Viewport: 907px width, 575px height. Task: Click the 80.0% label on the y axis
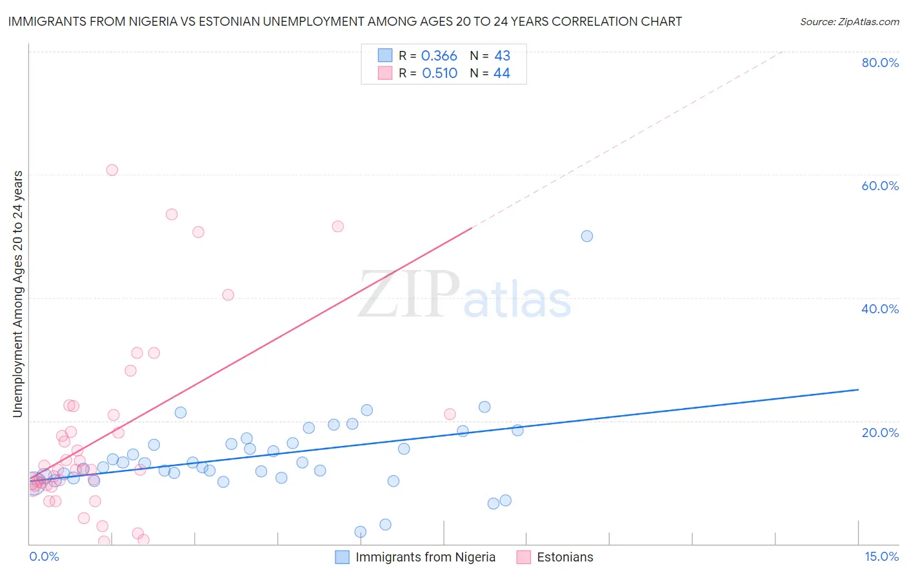pyautogui.click(x=880, y=63)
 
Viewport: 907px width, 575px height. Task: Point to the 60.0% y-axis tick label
pyautogui.click(x=880, y=186)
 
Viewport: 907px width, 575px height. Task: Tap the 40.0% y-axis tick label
pyautogui.click(x=880, y=309)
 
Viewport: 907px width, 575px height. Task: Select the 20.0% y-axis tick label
pyautogui.click(x=880, y=433)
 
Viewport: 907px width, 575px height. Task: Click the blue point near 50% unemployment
pyautogui.click(x=587, y=236)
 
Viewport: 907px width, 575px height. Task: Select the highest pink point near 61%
pyautogui.click(x=112, y=170)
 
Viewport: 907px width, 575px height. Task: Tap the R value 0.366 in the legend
pyautogui.click(x=439, y=56)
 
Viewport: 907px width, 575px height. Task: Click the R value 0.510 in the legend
pyautogui.click(x=439, y=73)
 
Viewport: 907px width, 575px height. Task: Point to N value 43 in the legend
pyautogui.click(x=502, y=56)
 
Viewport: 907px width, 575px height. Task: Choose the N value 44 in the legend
pyautogui.click(x=501, y=73)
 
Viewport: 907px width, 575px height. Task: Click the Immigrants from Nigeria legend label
pyautogui.click(x=425, y=558)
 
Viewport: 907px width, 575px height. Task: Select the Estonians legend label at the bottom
pyautogui.click(x=564, y=558)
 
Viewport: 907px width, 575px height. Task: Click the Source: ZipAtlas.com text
pyautogui.click(x=849, y=22)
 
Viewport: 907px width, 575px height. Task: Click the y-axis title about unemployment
pyautogui.click(x=17, y=294)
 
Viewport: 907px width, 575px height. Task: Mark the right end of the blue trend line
pyautogui.click(x=858, y=389)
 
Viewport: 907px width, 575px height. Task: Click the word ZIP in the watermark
pyautogui.click(x=409, y=295)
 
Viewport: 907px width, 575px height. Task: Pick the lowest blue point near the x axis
pyautogui.click(x=361, y=532)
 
